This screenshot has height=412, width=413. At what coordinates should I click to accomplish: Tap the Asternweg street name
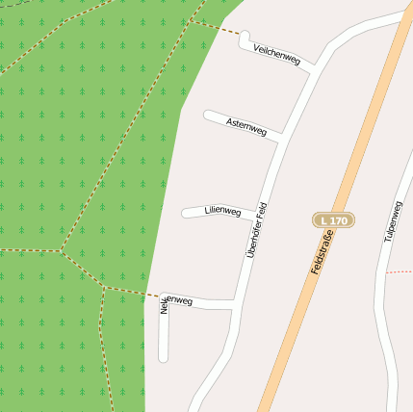click(x=246, y=125)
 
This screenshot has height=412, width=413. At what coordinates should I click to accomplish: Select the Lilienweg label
click(x=223, y=210)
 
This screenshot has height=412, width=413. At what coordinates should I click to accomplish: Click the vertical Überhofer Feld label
click(x=255, y=231)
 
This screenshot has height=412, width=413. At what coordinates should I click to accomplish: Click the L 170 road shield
click(x=334, y=220)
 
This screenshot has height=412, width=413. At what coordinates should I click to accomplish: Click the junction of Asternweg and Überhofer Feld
click(x=279, y=138)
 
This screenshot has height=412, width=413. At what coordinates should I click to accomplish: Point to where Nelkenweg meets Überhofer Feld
click(x=237, y=305)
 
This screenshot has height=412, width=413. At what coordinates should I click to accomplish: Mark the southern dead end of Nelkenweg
click(x=163, y=358)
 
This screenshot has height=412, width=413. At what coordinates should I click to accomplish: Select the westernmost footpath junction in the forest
click(x=62, y=251)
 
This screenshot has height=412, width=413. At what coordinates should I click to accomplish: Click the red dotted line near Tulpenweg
click(x=399, y=272)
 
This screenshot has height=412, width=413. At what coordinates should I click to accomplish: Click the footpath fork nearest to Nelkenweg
click(x=102, y=286)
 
